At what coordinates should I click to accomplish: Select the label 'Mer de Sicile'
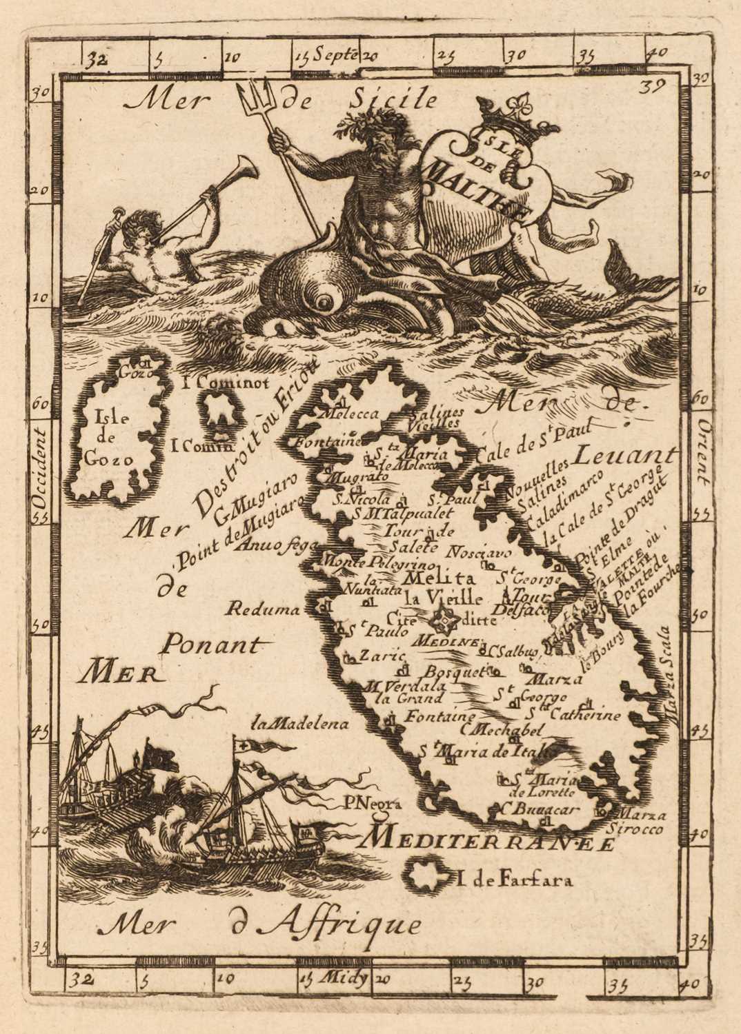click(280, 101)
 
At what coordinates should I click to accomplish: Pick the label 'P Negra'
click(370, 803)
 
